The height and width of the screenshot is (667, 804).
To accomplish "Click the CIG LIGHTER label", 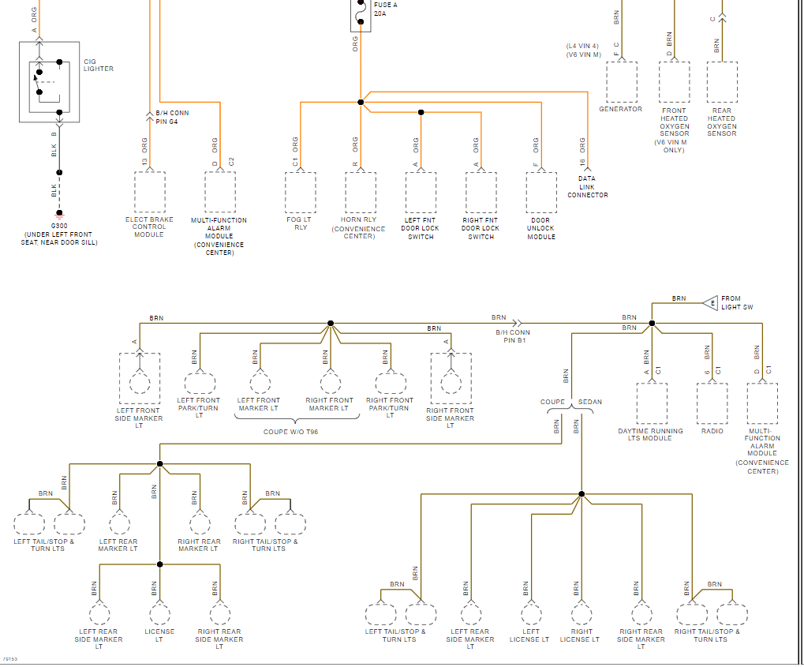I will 99,65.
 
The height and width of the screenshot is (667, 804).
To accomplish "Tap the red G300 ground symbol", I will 58,213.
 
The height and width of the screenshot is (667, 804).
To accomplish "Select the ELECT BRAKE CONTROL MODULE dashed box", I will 149,192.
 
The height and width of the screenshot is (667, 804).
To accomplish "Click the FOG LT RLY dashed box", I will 301,192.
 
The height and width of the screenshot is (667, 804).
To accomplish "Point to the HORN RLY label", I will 359,219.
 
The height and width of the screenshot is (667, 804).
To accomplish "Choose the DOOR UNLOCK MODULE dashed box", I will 541,192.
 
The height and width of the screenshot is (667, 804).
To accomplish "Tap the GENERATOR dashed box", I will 621,81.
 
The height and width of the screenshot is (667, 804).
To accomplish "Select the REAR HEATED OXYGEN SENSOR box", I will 722,82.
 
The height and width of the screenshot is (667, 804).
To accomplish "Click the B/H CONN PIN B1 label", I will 513,336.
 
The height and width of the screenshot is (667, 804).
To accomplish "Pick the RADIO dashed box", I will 712,403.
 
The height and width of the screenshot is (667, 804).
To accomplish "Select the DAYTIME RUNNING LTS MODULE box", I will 652,403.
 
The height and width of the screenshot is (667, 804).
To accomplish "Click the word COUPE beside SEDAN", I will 552,402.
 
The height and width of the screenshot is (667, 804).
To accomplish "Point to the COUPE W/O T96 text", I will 297,432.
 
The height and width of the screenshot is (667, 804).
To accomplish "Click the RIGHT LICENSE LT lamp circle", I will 581,614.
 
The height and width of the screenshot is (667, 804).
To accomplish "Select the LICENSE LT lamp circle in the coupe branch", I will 159,613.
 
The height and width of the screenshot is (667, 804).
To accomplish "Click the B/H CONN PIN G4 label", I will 172,117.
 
